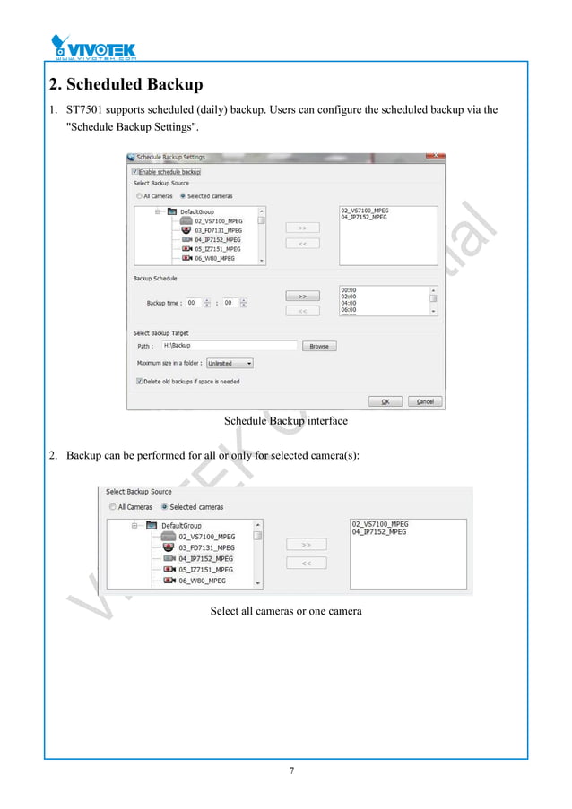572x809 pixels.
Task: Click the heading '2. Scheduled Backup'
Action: (x=126, y=85)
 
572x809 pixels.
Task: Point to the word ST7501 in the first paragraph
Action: (x=83, y=110)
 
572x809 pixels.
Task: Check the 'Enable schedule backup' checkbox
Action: (x=134, y=171)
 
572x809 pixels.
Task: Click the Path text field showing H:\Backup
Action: (x=229, y=345)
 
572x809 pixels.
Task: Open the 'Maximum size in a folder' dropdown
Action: (x=230, y=364)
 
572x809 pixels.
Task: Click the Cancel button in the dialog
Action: (x=425, y=401)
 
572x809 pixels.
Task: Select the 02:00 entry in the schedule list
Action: (x=350, y=297)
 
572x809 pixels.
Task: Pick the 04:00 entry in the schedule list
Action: (x=350, y=303)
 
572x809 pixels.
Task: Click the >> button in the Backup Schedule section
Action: (x=302, y=296)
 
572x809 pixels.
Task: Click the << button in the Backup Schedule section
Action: (x=302, y=311)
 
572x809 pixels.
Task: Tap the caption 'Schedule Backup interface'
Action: (x=285, y=421)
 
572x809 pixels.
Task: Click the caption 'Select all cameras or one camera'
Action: (x=285, y=611)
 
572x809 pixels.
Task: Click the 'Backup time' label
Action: (x=164, y=304)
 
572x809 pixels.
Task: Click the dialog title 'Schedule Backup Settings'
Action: (x=170, y=158)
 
